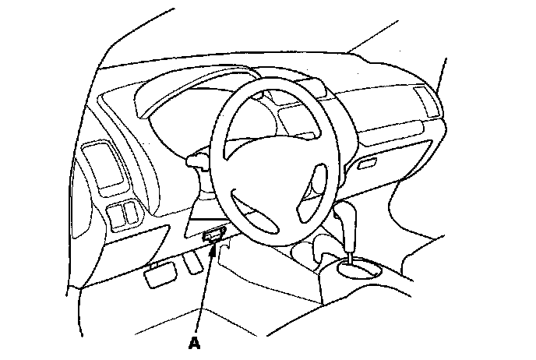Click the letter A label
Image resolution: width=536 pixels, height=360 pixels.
tap(195, 341)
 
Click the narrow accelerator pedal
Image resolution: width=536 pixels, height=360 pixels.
tap(192, 264)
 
